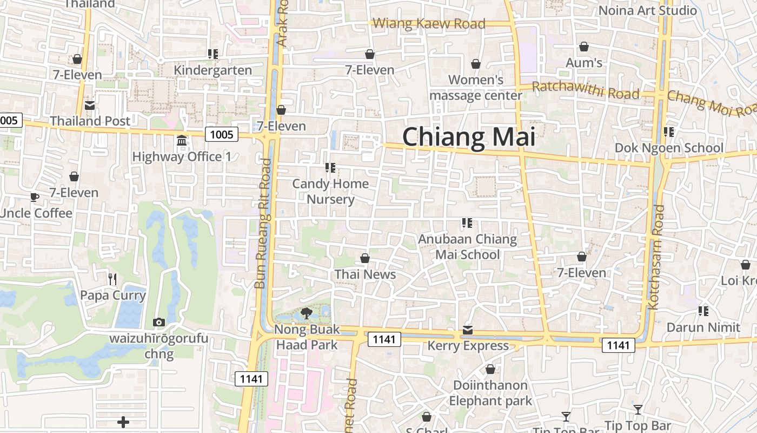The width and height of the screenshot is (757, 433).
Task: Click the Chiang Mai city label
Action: [469, 136]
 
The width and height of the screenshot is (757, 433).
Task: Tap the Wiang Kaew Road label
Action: [429, 24]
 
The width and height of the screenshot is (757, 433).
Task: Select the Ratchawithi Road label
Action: [586, 90]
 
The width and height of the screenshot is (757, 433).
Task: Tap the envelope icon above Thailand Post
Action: [89, 105]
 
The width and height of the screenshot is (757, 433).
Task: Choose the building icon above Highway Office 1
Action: [182, 141]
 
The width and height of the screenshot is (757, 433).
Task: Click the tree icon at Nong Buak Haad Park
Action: [306, 313]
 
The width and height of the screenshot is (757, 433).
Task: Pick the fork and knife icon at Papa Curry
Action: [112, 279]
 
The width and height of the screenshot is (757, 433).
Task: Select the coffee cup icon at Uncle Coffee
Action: [35, 197]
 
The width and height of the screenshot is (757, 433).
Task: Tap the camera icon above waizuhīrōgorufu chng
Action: [158, 323]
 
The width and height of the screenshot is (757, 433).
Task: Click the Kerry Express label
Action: [468, 346]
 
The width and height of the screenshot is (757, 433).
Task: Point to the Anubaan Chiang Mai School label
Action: [468, 247]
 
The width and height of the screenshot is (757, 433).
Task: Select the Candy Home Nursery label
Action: [330, 192]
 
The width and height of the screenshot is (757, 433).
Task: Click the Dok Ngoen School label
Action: [669, 148]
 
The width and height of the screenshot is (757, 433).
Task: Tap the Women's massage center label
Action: [476, 88]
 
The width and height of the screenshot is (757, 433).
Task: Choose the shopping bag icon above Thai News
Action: [365, 258]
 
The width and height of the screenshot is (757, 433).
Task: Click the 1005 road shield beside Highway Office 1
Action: [222, 134]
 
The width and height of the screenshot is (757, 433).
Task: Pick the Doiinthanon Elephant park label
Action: [490, 393]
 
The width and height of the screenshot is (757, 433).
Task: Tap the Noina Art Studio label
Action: [648, 10]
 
